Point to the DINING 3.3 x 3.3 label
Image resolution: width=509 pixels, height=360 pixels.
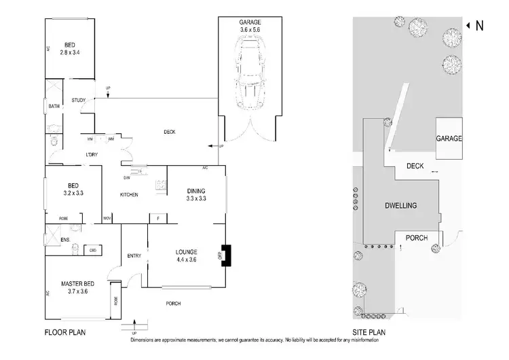(195, 195)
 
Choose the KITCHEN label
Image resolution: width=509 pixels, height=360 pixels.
(129, 195)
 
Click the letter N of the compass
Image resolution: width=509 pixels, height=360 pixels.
(479, 26)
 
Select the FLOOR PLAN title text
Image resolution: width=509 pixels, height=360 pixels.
(64, 332)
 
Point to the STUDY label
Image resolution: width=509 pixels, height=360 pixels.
(78, 101)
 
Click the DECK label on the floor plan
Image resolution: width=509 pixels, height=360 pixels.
(170, 132)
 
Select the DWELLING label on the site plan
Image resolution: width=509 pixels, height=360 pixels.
(401, 206)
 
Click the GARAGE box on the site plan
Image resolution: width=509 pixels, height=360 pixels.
(449, 138)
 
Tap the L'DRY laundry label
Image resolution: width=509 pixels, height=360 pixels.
(92, 155)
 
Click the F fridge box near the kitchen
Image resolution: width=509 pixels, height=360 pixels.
(157, 218)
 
